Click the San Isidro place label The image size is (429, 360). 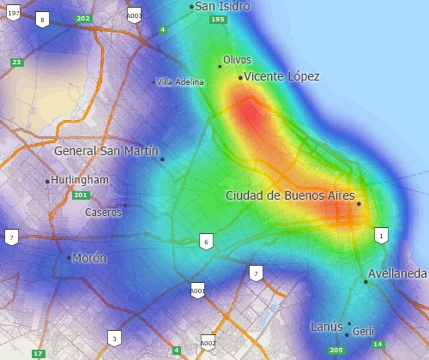222,6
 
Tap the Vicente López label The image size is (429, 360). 281,76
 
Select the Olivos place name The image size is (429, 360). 237,60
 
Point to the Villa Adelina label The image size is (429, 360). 180,82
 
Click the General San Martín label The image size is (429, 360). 106,151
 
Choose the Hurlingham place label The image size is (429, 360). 80,180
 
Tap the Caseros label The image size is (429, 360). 103,212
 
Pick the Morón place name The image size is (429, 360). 89,258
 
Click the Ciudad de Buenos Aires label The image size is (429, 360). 290,195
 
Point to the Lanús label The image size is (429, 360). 326,326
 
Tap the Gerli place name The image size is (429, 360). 363,331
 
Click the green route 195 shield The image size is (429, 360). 218,19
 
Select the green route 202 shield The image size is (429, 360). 82,18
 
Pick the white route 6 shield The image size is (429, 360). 206,242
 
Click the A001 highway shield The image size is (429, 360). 197,291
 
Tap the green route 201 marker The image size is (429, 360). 81,195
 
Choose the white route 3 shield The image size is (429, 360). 114,338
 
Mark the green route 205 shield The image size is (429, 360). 335,350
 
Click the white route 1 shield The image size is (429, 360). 381,235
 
